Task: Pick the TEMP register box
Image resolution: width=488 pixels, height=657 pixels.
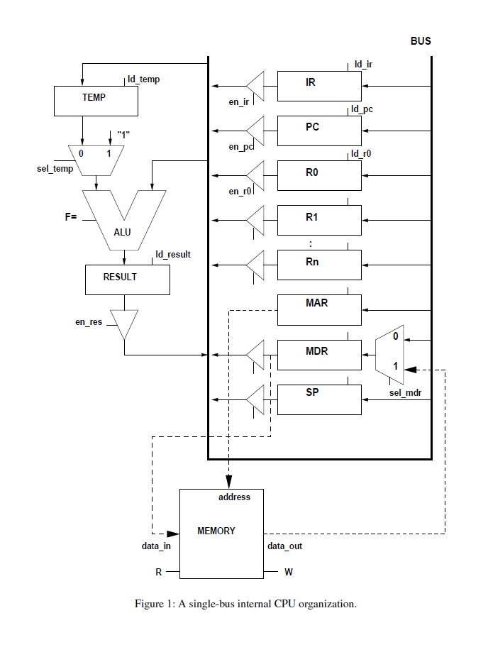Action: (x=96, y=100)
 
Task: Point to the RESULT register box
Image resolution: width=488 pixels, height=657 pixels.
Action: (x=127, y=280)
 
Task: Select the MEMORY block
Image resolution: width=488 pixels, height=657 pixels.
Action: (x=221, y=532)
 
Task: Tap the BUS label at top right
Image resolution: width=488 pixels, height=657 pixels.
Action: (x=421, y=41)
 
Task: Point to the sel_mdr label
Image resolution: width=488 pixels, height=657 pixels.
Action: (x=405, y=392)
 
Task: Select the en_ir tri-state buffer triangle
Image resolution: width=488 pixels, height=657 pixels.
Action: (x=255, y=86)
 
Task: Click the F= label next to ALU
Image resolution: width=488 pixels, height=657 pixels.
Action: (x=71, y=217)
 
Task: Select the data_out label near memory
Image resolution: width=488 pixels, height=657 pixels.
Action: (x=284, y=546)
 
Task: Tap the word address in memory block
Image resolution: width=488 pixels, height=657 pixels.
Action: (x=234, y=497)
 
